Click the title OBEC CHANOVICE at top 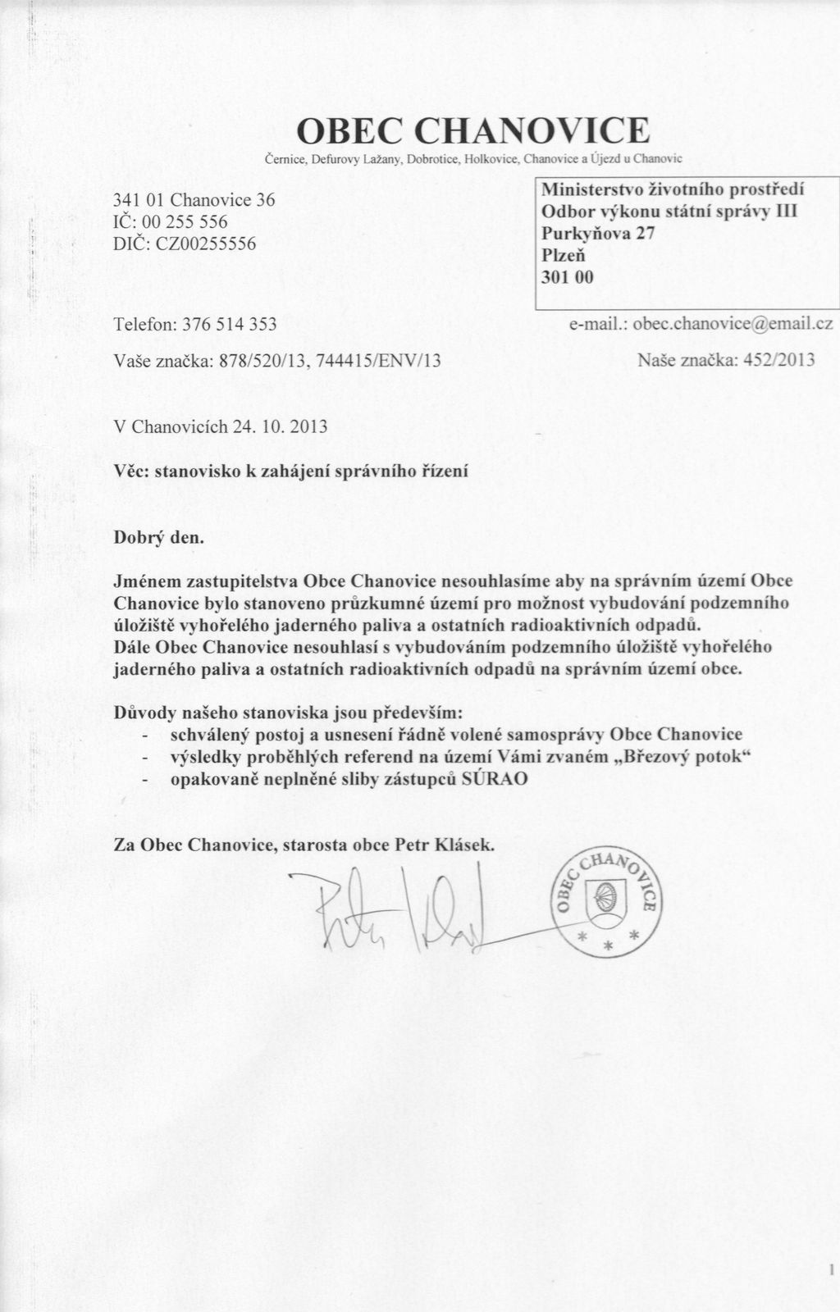(x=472, y=130)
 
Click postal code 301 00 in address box (x=567, y=277)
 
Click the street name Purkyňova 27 (x=598, y=233)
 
